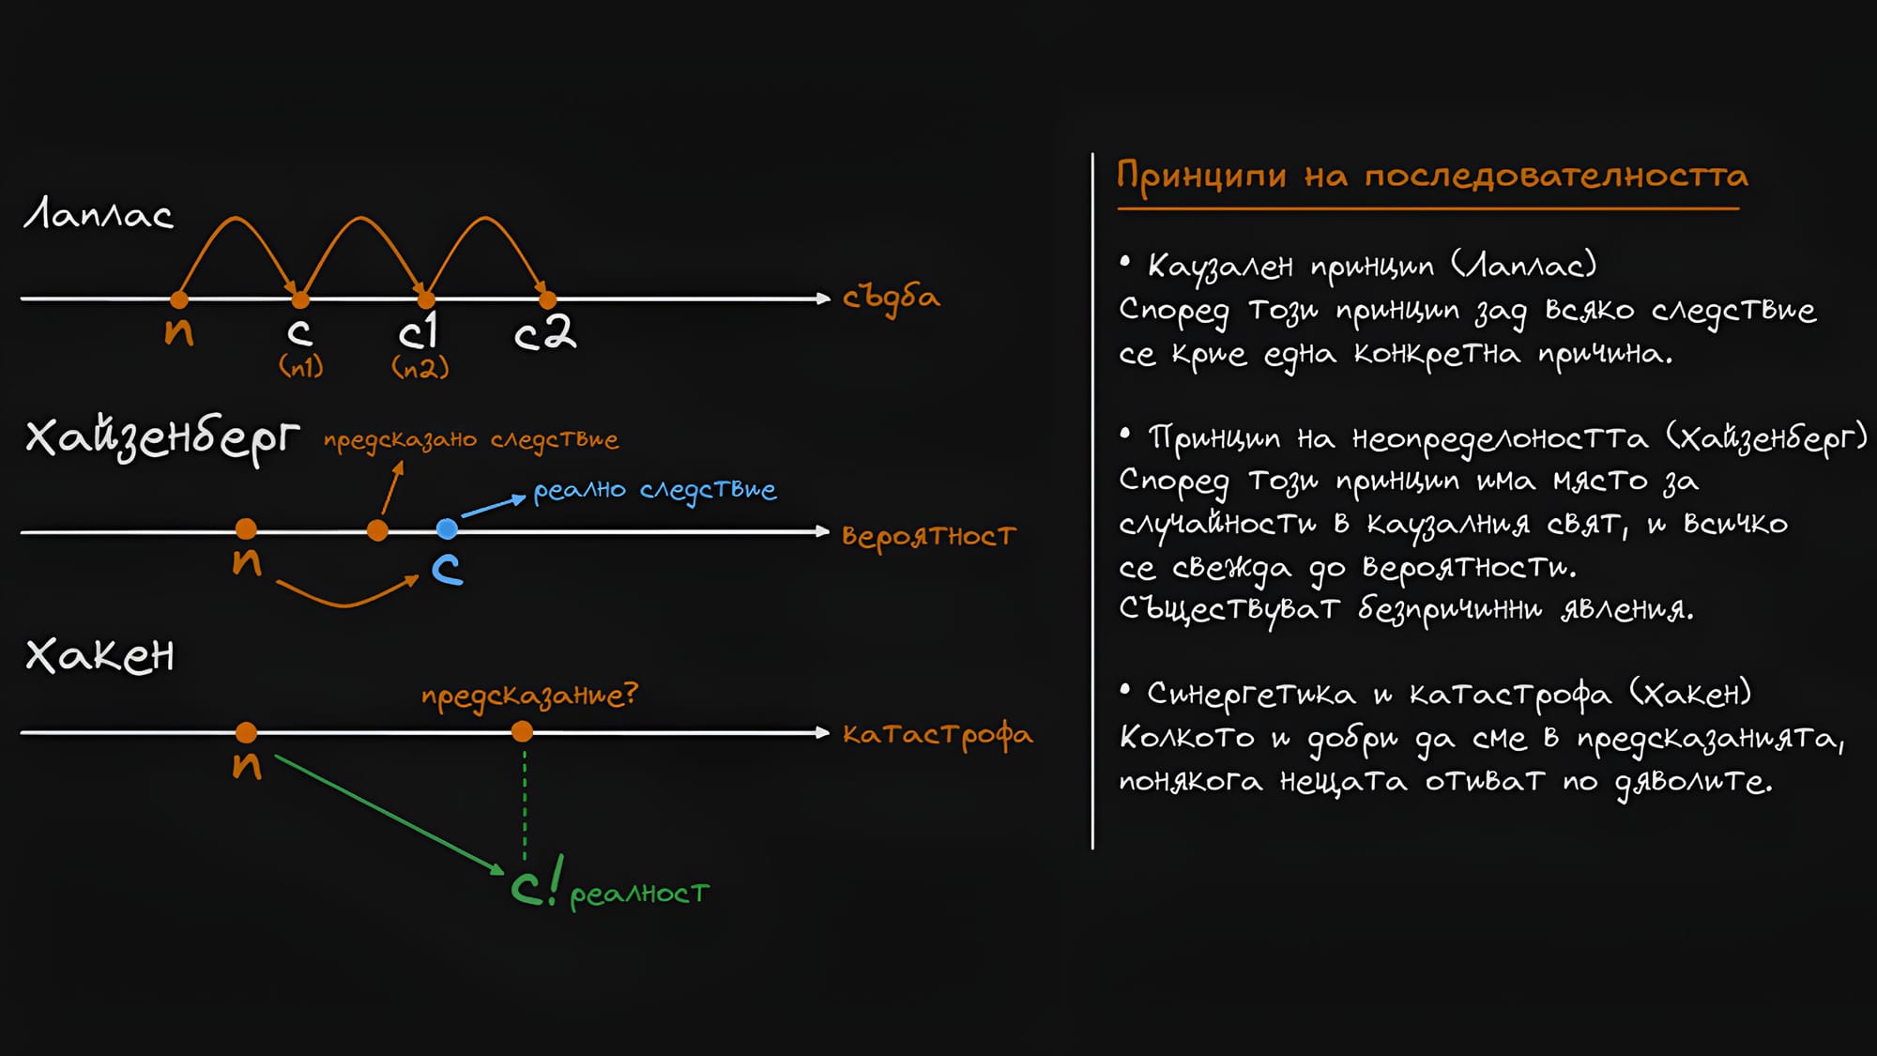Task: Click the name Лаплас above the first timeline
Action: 99,215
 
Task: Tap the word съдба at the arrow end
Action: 891,298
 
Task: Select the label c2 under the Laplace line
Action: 545,332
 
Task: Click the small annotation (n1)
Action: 301,366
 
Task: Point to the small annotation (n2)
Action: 420,367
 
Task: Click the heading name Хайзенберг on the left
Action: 162,438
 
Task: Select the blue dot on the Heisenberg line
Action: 448,529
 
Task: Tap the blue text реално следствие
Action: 654,491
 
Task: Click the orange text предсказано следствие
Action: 471,440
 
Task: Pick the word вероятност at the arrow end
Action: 928,536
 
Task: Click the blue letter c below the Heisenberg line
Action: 447,569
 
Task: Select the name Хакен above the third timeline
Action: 100,655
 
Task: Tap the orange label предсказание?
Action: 529,696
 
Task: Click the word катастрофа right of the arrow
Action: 937,734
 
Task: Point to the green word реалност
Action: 639,894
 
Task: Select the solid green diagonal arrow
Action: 389,814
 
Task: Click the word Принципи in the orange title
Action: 1200,176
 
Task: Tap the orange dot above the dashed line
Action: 523,732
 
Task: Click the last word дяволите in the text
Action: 1693,782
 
